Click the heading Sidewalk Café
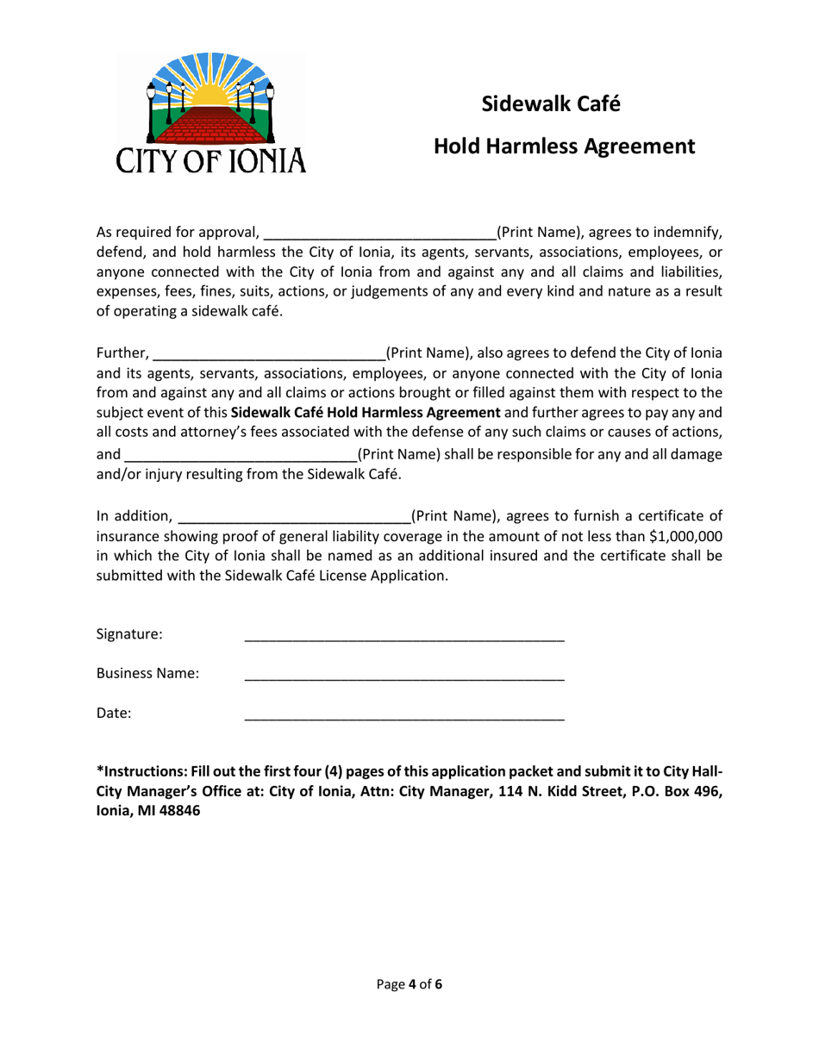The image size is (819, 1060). point(551,103)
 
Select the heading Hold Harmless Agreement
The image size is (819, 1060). point(564,147)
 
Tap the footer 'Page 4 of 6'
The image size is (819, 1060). point(409,984)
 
